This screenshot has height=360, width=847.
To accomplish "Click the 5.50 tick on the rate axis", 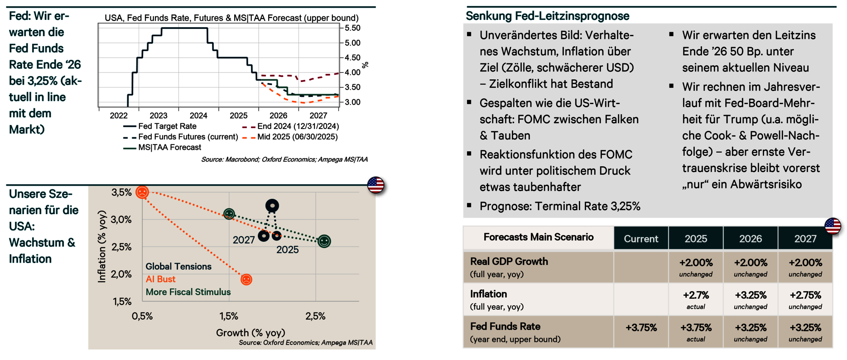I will click(x=352, y=28).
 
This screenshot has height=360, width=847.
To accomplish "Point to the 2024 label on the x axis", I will click(x=198, y=115).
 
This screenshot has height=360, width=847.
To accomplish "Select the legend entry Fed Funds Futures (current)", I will click(x=188, y=137).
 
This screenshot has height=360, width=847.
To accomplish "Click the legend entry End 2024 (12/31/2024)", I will click(x=298, y=126).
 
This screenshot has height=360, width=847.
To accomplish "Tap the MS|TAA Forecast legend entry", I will click(x=169, y=147).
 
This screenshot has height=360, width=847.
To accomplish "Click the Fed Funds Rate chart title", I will click(x=231, y=18).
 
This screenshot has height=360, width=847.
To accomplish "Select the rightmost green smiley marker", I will click(x=324, y=241).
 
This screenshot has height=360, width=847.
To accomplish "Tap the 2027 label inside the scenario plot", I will click(x=244, y=240).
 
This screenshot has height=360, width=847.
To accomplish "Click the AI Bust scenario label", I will click(x=160, y=279).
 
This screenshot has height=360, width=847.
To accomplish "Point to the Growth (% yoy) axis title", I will click(x=250, y=333).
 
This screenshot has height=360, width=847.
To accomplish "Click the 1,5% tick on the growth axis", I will click(x=229, y=316).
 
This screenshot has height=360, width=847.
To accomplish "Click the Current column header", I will click(x=641, y=239).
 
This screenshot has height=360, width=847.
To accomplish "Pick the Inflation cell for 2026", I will click(x=751, y=299).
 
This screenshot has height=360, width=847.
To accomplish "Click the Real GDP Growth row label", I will click(x=503, y=262).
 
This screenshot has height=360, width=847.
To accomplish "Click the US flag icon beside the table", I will click(x=833, y=226).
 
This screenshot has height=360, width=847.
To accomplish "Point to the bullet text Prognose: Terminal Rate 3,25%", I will click(x=560, y=206).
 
